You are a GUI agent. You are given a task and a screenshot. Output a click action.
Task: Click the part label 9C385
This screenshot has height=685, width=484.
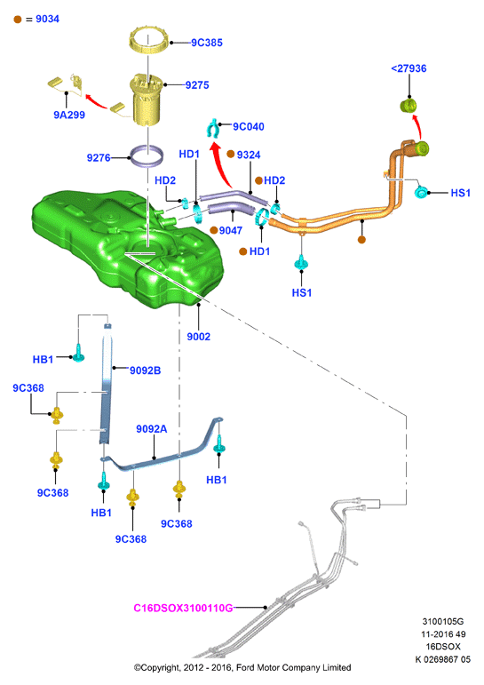point(207,43)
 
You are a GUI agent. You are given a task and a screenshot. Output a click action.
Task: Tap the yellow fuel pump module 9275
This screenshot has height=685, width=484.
point(147,100)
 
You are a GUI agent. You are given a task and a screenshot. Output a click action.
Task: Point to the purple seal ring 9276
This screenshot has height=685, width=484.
point(147,156)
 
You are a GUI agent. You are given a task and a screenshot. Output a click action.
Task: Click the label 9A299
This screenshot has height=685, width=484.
point(69,115)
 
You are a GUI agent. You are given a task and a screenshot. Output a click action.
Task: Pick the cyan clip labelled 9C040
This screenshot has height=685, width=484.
point(214,128)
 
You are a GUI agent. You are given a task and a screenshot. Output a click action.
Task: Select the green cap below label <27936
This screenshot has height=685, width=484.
point(409,106)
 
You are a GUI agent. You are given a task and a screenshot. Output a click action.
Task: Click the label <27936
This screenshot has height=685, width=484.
point(409,68)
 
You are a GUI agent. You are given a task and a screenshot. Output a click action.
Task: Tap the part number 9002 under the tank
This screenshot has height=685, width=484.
point(198,337)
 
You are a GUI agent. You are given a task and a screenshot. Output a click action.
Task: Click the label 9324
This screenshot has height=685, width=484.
point(249,155)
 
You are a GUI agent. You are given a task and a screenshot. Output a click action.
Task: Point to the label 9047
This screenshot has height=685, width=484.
point(231,230)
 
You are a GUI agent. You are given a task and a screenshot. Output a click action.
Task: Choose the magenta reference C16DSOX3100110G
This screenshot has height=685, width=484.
point(183,608)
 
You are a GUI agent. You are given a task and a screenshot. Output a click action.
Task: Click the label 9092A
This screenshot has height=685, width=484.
point(152,429)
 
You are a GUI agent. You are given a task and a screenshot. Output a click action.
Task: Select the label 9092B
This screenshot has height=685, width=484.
point(145,370)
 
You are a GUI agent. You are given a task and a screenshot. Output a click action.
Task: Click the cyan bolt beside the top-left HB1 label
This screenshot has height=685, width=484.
point(79,354)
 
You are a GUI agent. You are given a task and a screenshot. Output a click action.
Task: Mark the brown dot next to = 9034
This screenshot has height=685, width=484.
point(18,20)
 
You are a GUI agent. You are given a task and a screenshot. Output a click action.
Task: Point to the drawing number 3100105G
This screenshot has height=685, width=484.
point(443,621)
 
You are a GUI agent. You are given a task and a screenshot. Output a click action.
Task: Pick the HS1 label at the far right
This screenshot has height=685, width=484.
point(460,193)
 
